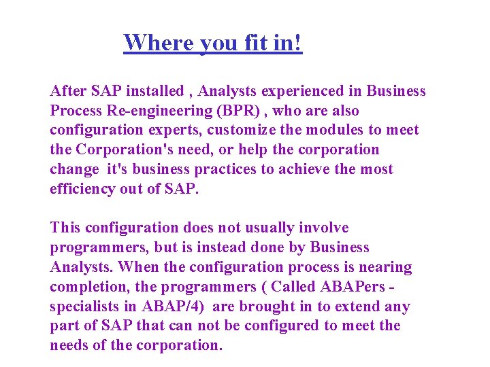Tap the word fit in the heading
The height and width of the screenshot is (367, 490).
coord(256,43)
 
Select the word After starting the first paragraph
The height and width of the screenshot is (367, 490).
coord(69,91)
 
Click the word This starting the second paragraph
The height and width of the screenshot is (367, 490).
coord(65,228)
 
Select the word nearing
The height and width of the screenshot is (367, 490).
coord(385,267)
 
